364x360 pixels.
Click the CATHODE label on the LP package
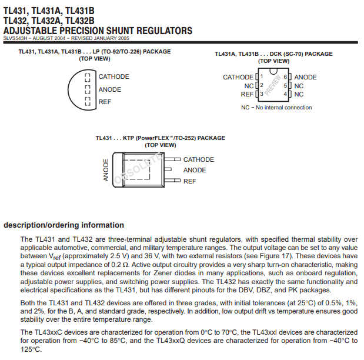click(113, 76)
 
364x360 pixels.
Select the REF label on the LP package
click(105, 102)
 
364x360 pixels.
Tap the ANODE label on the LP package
click(110, 89)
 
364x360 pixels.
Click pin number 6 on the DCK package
click(285, 77)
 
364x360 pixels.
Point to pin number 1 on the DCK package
click(261, 77)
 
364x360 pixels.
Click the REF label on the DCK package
click(247, 94)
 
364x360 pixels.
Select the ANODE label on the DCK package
click(305, 77)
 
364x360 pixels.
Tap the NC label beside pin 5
click(299, 86)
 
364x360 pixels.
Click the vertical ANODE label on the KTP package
click(106, 170)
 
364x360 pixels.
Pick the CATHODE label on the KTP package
click(199, 159)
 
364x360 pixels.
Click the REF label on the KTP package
click(189, 181)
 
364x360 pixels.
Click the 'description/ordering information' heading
click(64, 225)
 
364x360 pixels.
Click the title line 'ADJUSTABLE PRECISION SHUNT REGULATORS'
click(98, 31)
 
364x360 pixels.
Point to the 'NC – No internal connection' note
click(276, 108)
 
